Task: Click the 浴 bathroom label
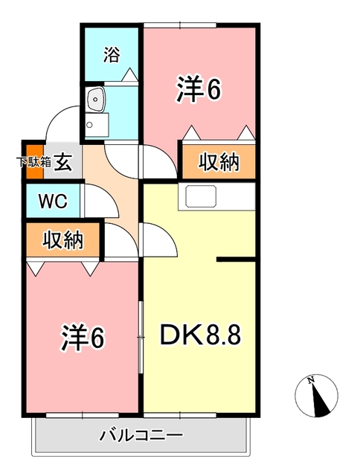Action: (x=111, y=54)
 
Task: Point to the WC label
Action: (x=51, y=201)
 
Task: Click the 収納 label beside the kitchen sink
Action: (x=219, y=162)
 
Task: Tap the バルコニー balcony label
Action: (x=141, y=434)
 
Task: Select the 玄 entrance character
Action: (x=63, y=161)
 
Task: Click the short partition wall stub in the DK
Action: (x=236, y=260)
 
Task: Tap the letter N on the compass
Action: (x=312, y=381)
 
